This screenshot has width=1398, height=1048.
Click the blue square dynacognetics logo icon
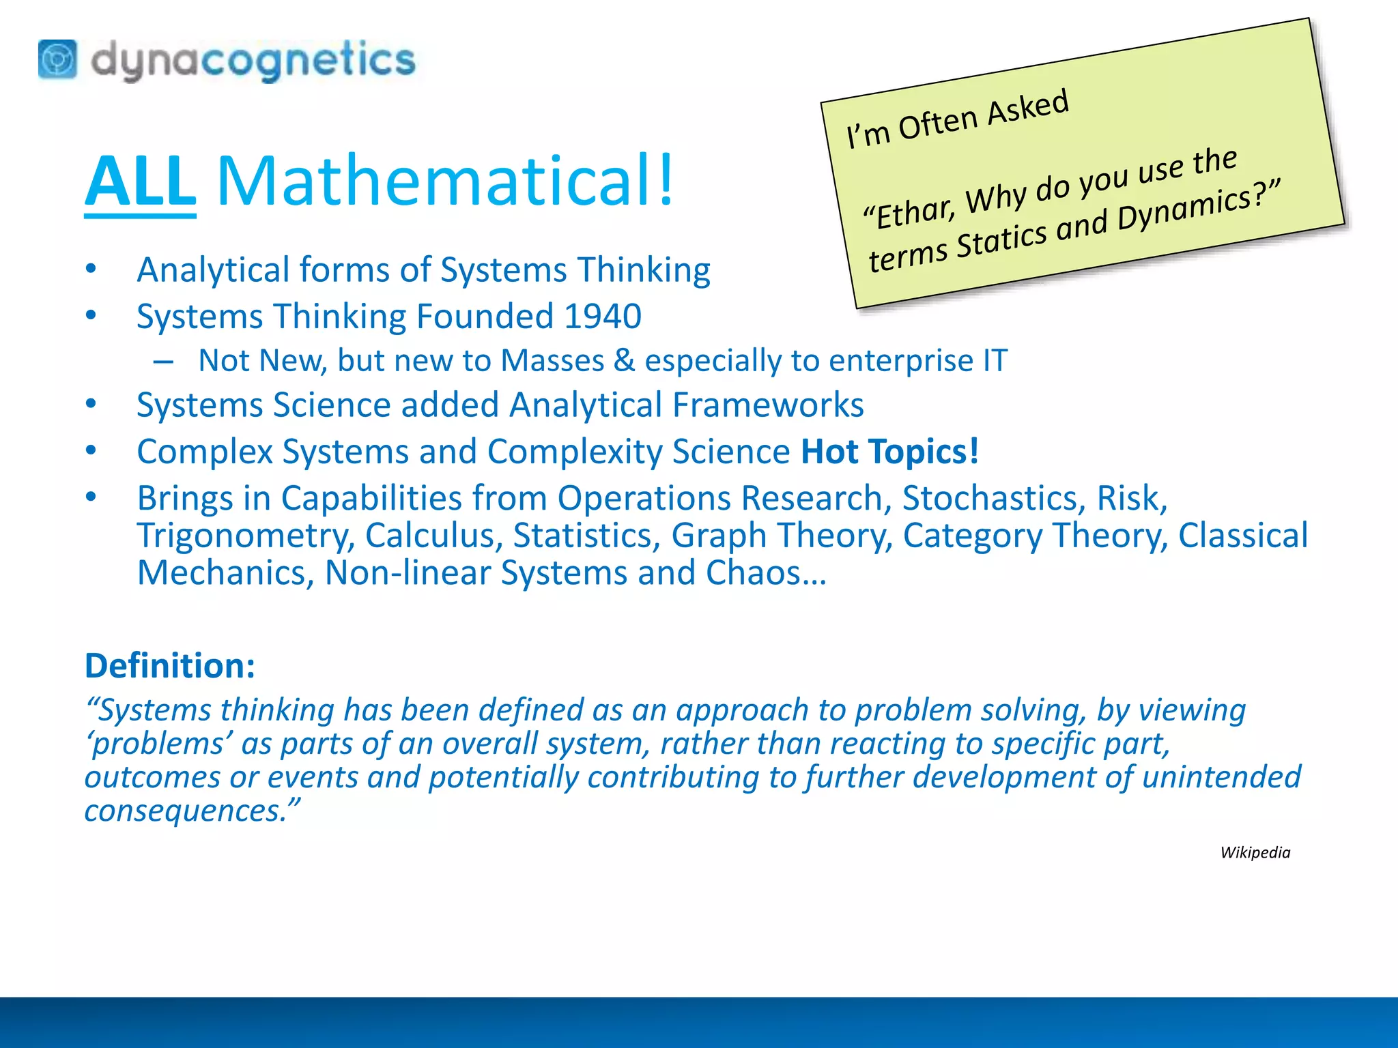coord(57,59)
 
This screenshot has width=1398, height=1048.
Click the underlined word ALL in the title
coord(140,181)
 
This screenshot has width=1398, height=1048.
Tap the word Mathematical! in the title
coord(445,181)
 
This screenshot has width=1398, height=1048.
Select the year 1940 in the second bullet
coord(603,317)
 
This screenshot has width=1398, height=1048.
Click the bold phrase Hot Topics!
coord(889,452)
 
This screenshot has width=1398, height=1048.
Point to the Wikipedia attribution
coord(1255,852)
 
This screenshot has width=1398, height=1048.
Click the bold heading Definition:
coord(170,665)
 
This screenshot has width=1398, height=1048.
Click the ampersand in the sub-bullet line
coord(624,360)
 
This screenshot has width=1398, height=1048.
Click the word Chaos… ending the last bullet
coord(766,573)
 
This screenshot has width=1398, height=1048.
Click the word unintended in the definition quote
coord(1221,777)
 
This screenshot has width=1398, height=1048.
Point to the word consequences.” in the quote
coord(192,811)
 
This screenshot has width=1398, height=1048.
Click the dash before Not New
coord(163,361)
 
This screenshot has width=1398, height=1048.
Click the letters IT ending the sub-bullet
coord(995,360)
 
